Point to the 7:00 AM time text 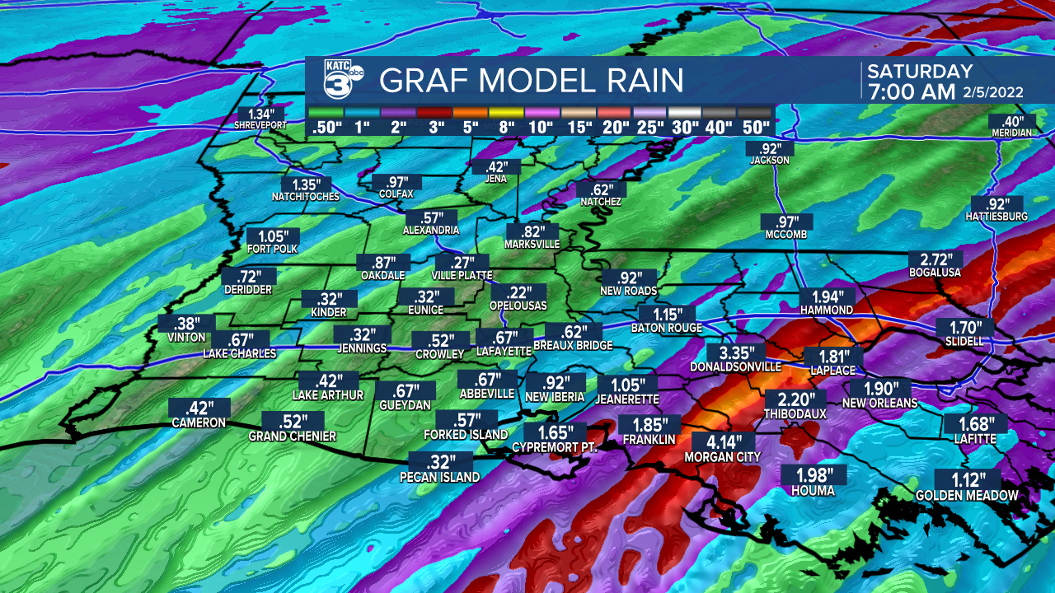909,91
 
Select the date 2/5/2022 993,92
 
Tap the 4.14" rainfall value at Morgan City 712,442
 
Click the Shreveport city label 260,125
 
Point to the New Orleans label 879,403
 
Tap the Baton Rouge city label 666,328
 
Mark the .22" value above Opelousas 518,292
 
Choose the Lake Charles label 239,353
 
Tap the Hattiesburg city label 996,217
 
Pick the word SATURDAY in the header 920,72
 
